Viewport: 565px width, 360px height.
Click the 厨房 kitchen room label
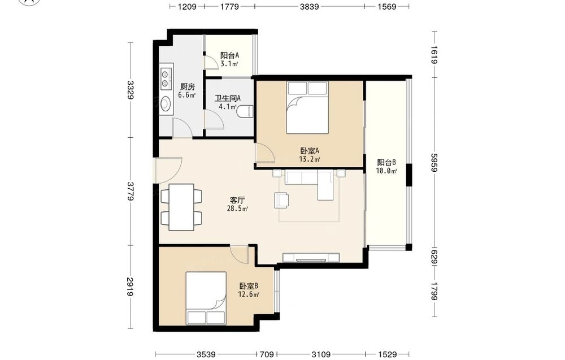tap(188, 87)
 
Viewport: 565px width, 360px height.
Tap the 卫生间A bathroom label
tap(228, 98)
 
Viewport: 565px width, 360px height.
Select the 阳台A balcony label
tap(229, 55)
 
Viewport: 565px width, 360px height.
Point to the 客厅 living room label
tap(237, 200)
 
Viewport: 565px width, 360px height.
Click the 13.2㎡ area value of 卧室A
tap(310, 159)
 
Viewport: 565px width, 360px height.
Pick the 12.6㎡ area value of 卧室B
tap(249, 294)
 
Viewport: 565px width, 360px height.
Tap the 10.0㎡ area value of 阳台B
tap(386, 171)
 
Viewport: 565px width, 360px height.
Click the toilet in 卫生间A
tap(246, 111)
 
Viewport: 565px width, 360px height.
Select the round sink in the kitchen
tap(166, 104)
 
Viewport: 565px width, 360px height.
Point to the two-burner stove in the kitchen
tap(166, 78)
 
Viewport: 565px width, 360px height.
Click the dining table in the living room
tap(181, 207)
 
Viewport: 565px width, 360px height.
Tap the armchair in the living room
tap(282, 200)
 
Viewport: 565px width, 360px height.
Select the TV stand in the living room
tap(311, 258)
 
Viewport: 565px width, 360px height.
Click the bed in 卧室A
tap(307, 107)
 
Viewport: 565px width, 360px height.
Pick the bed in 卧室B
tap(206, 298)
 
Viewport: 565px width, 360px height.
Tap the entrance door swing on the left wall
tap(168, 170)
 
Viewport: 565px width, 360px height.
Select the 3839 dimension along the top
tap(309, 6)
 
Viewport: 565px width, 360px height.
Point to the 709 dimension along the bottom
tap(267, 354)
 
